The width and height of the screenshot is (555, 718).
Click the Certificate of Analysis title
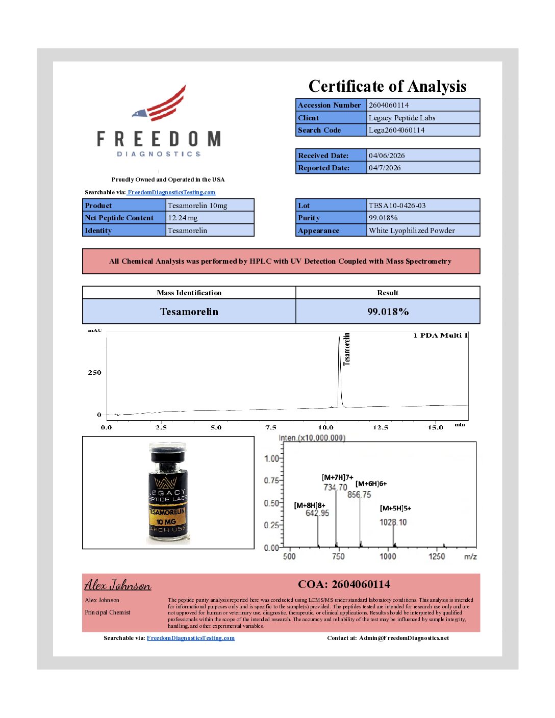click(x=387, y=86)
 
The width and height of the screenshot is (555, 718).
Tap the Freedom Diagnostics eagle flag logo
click(x=159, y=104)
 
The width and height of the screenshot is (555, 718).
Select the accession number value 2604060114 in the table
click(x=389, y=105)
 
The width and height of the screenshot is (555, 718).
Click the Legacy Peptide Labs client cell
click(x=402, y=118)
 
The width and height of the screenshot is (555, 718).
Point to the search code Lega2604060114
click(x=396, y=130)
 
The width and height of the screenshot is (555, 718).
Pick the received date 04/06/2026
click(x=387, y=156)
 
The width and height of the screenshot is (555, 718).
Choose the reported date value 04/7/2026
click(x=385, y=168)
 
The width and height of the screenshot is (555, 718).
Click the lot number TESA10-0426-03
click(x=397, y=206)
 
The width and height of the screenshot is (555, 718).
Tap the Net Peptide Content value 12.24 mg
click(x=183, y=218)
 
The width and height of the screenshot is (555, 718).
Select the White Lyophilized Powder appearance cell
click(x=412, y=230)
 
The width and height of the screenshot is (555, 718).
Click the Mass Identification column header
click(x=189, y=293)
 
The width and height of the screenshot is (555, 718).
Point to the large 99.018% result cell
click(x=388, y=312)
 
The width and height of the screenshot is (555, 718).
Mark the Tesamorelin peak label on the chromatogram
click(x=347, y=349)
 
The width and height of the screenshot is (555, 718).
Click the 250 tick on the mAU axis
click(x=94, y=373)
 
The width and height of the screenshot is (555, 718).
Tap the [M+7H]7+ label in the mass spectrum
click(x=337, y=477)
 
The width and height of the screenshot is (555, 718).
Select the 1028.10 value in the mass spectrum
click(x=393, y=522)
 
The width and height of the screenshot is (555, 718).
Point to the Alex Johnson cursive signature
click(x=118, y=584)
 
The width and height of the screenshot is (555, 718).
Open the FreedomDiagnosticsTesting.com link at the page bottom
click(x=190, y=638)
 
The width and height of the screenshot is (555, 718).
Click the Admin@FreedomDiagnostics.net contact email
click(x=403, y=638)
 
